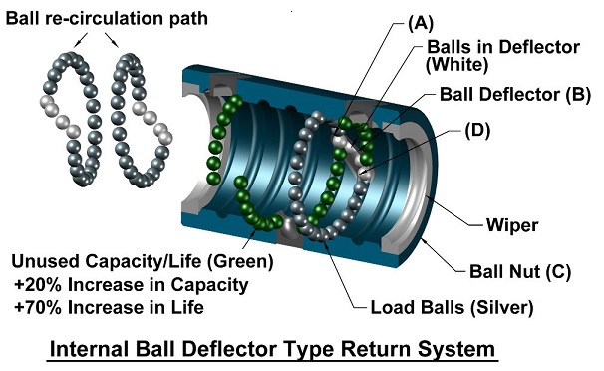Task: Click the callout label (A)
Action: click(x=421, y=23)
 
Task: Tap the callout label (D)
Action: click(x=477, y=131)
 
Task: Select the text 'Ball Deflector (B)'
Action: click(x=515, y=95)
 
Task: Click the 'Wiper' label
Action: click(x=512, y=225)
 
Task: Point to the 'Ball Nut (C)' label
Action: click(x=520, y=271)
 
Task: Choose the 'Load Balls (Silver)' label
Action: click(x=452, y=307)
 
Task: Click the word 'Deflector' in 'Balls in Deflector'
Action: click(x=539, y=47)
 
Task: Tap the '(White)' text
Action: click(x=456, y=64)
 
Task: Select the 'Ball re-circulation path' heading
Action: click(x=107, y=18)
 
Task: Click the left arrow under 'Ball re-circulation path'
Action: click(x=81, y=40)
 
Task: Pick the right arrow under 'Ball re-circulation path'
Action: click(x=112, y=40)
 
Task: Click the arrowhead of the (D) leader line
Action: click(x=363, y=172)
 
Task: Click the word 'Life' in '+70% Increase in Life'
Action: click(x=187, y=307)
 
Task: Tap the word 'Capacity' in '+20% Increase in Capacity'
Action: click(x=209, y=285)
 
